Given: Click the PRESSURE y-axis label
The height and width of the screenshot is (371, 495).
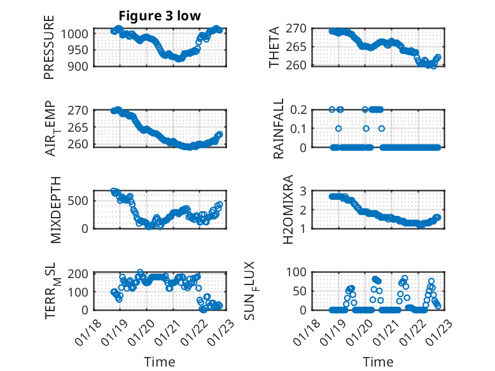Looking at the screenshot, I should (x=49, y=47).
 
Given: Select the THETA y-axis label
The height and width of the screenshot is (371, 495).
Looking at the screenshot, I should (x=274, y=46).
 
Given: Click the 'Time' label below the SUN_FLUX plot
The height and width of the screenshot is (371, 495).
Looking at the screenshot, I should (x=378, y=361).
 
